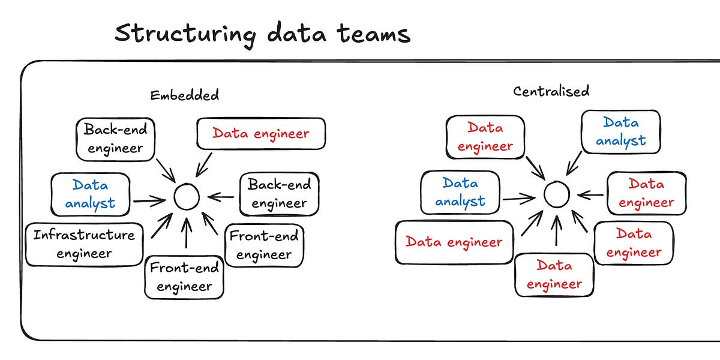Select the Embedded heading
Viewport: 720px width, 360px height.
pyautogui.click(x=184, y=95)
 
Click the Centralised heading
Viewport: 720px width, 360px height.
pyautogui.click(x=551, y=91)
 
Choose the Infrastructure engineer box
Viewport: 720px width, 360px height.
pyautogui.click(x=84, y=244)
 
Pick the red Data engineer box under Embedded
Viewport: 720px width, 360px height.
pyautogui.click(x=260, y=133)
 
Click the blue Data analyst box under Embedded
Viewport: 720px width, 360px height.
pyautogui.click(x=91, y=194)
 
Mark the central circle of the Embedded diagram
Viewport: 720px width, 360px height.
pyautogui.click(x=186, y=197)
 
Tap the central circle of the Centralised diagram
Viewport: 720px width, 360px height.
pyautogui.click(x=556, y=194)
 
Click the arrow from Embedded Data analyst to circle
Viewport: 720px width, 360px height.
pyautogui.click(x=149, y=200)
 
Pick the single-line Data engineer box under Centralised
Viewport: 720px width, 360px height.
pyautogui.click(x=454, y=242)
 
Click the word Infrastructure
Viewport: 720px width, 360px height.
pyautogui.click(x=84, y=235)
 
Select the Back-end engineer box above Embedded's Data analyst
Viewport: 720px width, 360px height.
pyautogui.click(x=115, y=139)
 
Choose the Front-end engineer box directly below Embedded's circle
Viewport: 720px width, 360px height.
pyautogui.click(x=184, y=277)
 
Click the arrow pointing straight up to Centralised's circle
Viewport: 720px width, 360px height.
pyautogui.click(x=556, y=231)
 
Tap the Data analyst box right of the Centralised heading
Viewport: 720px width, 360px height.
pyautogui.click(x=620, y=131)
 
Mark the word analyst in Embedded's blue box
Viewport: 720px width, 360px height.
pyautogui.click(x=90, y=203)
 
